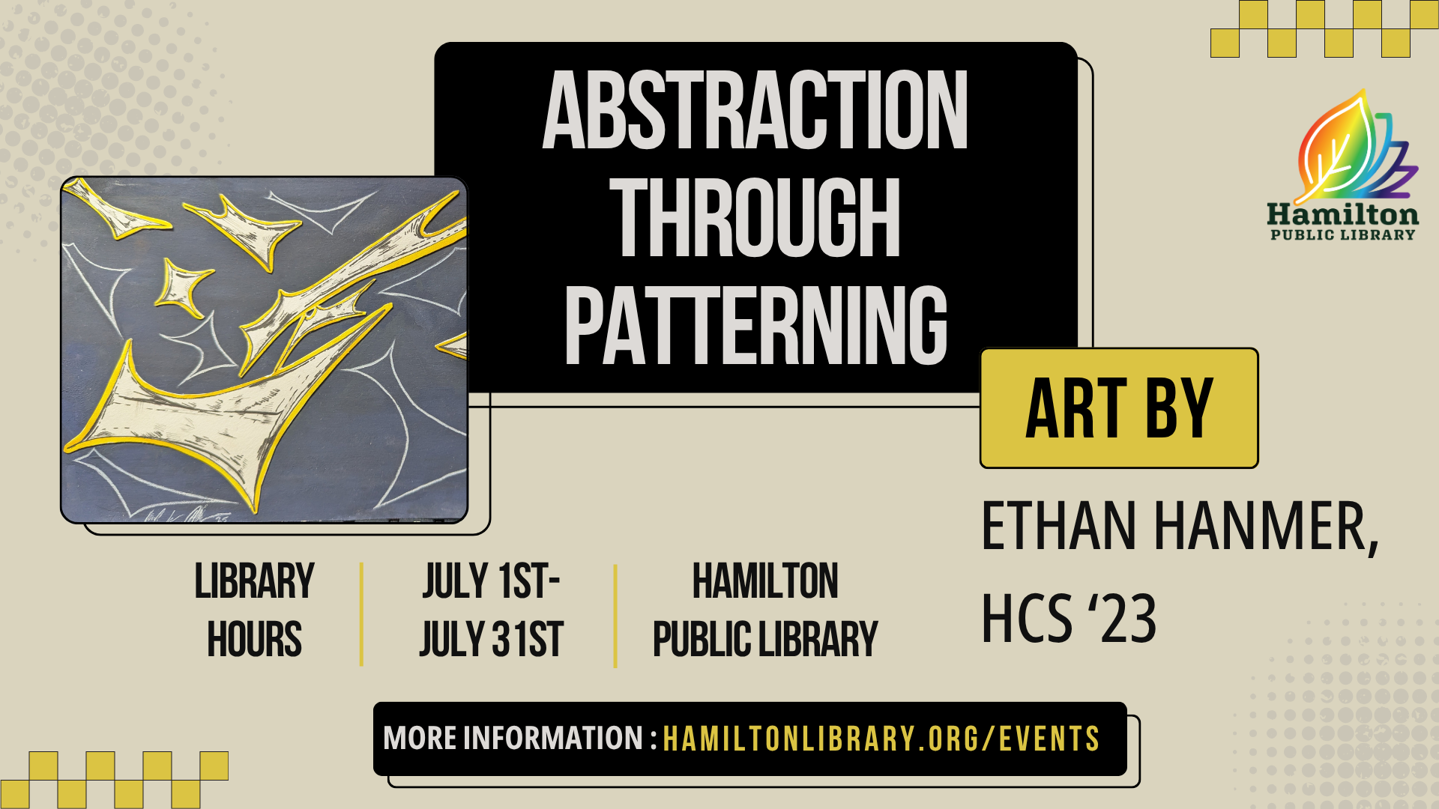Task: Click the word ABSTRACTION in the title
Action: click(x=755, y=110)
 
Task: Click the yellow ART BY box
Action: click(x=1119, y=408)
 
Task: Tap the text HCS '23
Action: click(x=1070, y=618)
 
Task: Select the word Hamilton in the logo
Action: click(x=1342, y=215)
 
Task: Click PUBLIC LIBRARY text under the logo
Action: click(x=1342, y=235)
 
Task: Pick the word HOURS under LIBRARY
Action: click(x=255, y=640)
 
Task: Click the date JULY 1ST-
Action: click(x=491, y=581)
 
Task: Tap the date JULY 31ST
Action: click(x=491, y=640)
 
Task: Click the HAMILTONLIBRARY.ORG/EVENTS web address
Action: click(x=881, y=739)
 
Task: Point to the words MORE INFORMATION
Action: click(x=513, y=738)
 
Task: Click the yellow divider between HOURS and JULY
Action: click(x=362, y=614)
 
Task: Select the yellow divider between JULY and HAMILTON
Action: click(x=615, y=616)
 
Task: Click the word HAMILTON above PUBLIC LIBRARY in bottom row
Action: click(x=765, y=581)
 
